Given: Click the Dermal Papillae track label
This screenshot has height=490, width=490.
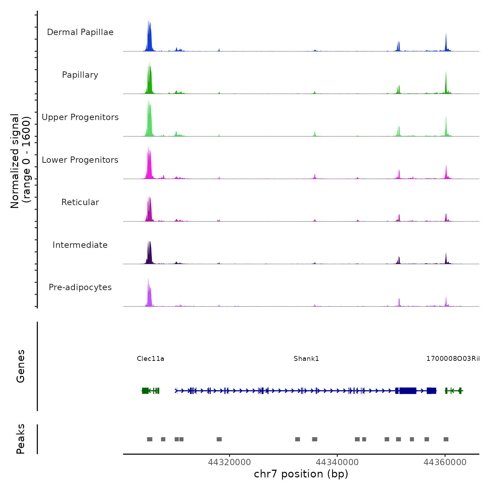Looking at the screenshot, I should [80, 32].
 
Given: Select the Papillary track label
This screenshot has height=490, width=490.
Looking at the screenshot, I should [80, 75].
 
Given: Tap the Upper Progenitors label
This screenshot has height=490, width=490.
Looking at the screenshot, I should [80, 117].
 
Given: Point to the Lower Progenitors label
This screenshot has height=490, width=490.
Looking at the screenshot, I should [80, 160].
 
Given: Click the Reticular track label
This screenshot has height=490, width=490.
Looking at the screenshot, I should [80, 202].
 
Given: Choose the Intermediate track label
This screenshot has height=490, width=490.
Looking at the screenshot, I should [80, 245].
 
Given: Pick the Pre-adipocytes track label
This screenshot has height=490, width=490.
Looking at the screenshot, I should [80, 287].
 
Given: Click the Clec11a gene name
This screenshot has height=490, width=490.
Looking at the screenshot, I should [150, 358].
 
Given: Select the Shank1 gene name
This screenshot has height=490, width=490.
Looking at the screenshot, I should [306, 358].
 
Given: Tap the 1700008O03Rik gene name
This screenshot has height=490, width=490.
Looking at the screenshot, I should [453, 358].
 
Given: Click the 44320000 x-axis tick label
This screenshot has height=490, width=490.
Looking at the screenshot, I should [229, 462].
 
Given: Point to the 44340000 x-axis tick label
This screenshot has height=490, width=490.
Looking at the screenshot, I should [337, 462].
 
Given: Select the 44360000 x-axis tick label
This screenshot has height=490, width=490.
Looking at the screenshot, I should [445, 462].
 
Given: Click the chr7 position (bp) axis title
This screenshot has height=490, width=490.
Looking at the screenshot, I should [301, 474].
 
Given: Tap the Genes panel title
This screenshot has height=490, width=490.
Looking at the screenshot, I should [21, 366].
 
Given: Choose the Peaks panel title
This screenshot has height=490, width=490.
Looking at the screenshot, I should [21, 439].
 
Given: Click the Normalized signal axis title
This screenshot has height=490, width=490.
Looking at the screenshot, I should [20, 161].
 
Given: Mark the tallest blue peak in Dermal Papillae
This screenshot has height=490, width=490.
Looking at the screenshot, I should [148, 22].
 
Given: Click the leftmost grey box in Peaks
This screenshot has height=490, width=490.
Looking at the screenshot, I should [149, 439].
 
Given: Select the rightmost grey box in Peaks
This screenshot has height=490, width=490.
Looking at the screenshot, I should [446, 439].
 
